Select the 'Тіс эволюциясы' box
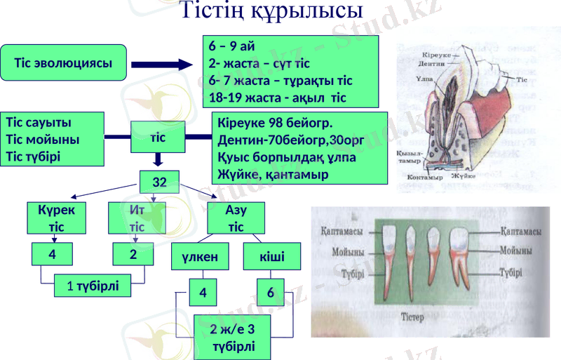tap(64, 62)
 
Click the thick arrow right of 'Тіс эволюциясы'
tap(161, 65)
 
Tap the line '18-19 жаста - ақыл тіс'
tap(278, 96)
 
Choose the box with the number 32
tap(159, 183)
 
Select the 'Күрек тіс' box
tap(57, 218)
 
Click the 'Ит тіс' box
tap(137, 218)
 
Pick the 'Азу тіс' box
tap(236, 218)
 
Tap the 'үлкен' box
tap(201, 257)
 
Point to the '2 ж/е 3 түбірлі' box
tap(233, 338)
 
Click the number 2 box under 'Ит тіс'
tap(133, 254)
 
